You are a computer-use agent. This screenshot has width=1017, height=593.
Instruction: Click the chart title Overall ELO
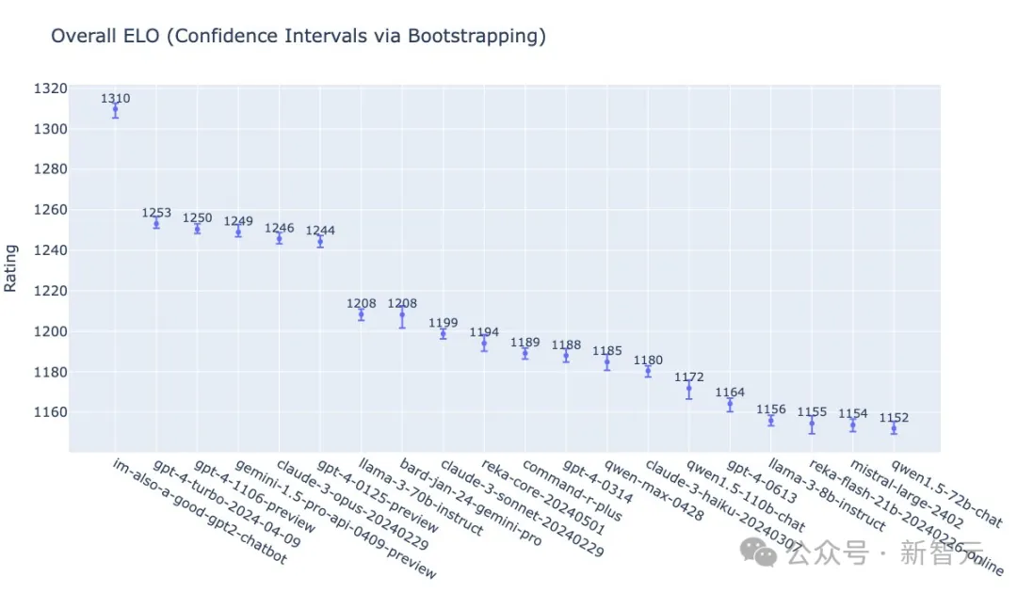tap(298, 37)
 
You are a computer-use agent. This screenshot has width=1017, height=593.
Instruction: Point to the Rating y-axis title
tap(11, 268)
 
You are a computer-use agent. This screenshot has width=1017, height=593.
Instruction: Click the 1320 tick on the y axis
tap(52, 88)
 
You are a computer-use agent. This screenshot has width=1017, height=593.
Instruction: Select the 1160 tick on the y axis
tap(52, 412)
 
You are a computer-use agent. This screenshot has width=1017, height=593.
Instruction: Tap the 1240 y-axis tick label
tap(52, 250)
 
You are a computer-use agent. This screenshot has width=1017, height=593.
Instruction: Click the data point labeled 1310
tap(115, 110)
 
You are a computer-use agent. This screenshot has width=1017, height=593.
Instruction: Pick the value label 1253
tap(156, 213)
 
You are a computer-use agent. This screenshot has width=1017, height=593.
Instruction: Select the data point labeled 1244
tap(320, 242)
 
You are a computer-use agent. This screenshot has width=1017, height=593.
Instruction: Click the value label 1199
tap(443, 322)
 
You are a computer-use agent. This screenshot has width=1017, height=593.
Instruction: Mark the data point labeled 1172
tap(688, 388)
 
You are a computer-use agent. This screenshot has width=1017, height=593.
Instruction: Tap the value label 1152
tap(894, 417)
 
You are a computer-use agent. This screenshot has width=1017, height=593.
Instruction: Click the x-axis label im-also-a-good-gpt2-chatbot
tap(198, 512)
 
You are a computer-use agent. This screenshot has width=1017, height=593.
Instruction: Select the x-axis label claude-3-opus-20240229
tap(353, 505)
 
